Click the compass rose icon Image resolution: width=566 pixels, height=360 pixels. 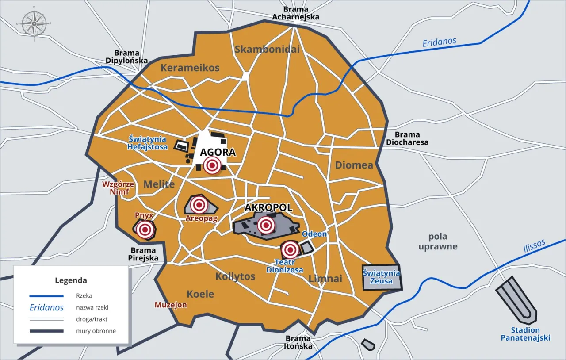tap(34, 23)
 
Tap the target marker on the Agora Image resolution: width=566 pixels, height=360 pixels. tap(212, 165)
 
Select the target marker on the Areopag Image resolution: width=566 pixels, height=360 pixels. tap(199, 205)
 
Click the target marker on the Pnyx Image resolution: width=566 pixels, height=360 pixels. tap(145, 230)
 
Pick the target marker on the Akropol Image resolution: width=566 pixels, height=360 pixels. tap(265, 225)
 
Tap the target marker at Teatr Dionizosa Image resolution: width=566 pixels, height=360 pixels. tap(290, 250)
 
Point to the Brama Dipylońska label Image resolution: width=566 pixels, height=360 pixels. tap(126, 57)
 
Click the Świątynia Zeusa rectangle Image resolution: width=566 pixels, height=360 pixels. tap(381, 277)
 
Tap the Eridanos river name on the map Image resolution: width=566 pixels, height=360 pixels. tap(439, 42)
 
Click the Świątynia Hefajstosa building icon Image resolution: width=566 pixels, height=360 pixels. tap(181, 146)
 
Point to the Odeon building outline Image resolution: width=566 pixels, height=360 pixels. tap(306, 247)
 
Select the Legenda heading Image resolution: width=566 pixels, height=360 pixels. tap(71, 280)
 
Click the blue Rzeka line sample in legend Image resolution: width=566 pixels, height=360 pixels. tap(46, 296)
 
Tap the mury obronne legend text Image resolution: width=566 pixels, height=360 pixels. tap(96, 331)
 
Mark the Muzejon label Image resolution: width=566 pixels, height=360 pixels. tap(170, 305)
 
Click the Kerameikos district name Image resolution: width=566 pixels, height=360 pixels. tap(190, 68)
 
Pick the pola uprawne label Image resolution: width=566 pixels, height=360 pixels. tap(438, 241)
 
